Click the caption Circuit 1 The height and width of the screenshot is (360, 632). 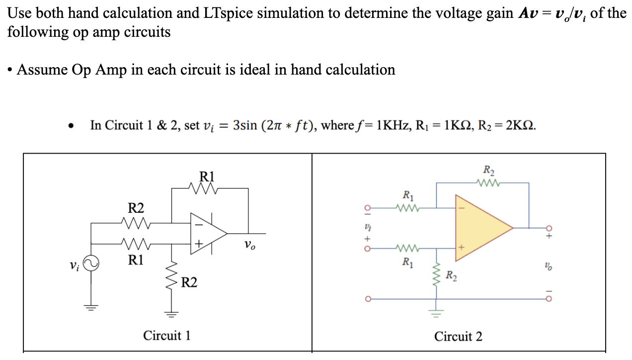pyautogui.click(x=167, y=336)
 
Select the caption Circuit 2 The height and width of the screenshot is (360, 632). pyautogui.click(x=458, y=337)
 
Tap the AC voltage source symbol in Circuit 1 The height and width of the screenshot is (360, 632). pyautogui.click(x=91, y=264)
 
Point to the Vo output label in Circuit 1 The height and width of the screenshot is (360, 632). pyautogui.click(x=250, y=245)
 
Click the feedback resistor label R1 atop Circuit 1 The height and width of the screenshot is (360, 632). pyautogui.click(x=207, y=176)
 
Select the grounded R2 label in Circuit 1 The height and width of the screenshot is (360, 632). pyautogui.click(x=189, y=283)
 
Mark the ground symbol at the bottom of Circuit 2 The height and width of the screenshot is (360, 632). pyautogui.click(x=437, y=313)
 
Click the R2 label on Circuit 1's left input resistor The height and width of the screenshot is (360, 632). pyautogui.click(x=136, y=207)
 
